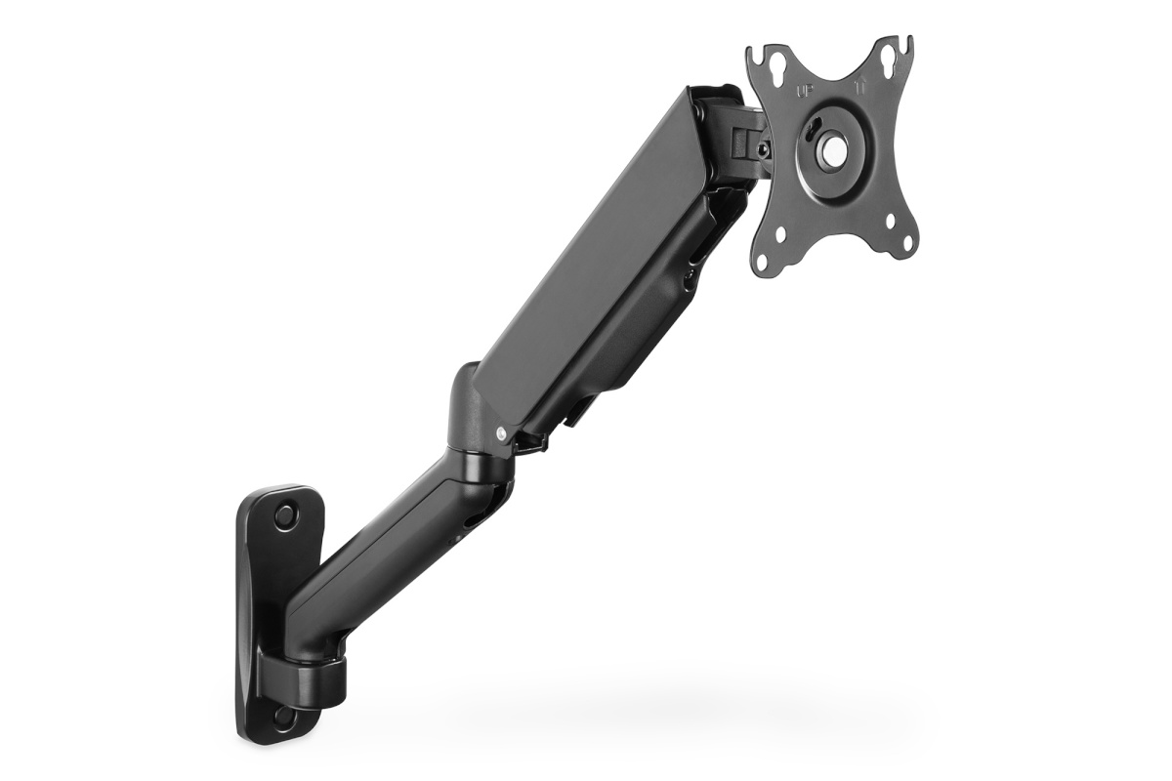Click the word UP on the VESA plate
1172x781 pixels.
(805, 92)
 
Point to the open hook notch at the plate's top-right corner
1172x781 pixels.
(907, 44)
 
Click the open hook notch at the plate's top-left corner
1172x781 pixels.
(754, 51)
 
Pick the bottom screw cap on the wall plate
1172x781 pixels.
(283, 716)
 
